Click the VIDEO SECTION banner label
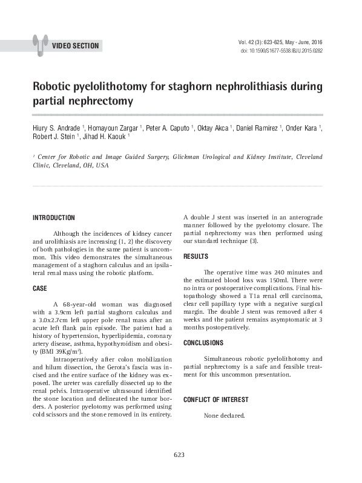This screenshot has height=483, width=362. [74, 46]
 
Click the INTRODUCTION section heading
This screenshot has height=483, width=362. [53, 218]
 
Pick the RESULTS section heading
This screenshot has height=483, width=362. [196, 256]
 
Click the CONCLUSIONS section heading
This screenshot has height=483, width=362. [203, 343]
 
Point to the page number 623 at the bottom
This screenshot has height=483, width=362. [179, 455]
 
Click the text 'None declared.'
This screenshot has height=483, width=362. [225, 416]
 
